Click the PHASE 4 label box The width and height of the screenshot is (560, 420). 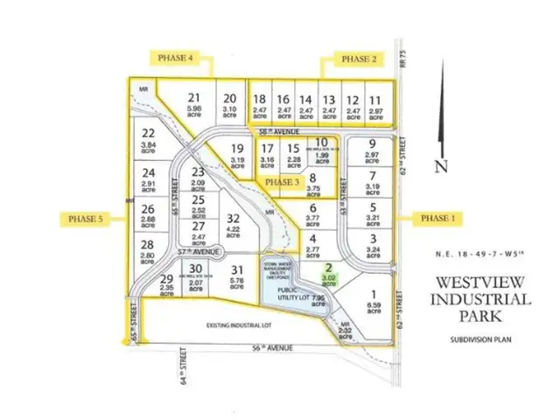tap(176, 58)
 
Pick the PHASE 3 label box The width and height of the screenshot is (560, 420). tap(281, 181)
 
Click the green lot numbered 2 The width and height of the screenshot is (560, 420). tap(327, 276)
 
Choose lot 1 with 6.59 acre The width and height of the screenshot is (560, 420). tap(374, 300)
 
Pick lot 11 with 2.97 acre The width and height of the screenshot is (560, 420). tap(374, 107)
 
